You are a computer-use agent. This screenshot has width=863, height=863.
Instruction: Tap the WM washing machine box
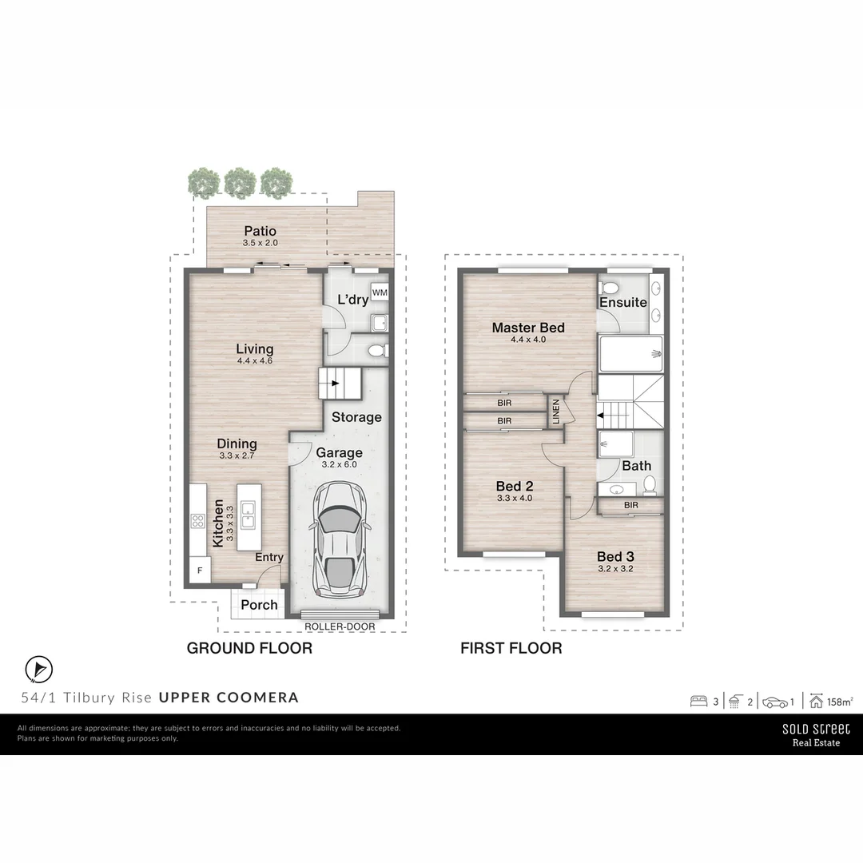click(x=380, y=292)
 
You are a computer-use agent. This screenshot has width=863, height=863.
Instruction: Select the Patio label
click(x=260, y=232)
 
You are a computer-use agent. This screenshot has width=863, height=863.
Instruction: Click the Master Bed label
click(x=528, y=328)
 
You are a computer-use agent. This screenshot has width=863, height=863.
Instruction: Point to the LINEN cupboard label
click(x=555, y=412)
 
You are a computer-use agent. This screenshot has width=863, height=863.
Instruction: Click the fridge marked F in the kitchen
click(x=198, y=571)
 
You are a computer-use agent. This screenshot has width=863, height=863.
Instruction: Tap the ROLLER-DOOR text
click(x=340, y=627)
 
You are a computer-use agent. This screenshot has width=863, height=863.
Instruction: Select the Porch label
click(x=260, y=605)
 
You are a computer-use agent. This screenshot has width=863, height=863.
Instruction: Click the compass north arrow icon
click(x=38, y=669)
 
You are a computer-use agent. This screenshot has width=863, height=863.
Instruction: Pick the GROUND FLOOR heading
click(x=249, y=648)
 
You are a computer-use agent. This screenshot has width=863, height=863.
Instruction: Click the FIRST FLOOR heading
click(x=511, y=648)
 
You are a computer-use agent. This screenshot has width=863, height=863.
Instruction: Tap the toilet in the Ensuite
click(x=609, y=288)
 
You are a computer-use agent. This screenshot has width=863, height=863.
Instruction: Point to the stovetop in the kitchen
click(x=197, y=522)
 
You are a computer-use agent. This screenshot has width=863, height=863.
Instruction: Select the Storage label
click(x=356, y=417)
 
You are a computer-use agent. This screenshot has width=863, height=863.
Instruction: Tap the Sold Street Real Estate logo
click(x=816, y=734)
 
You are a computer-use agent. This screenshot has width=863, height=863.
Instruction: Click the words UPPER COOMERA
click(x=229, y=697)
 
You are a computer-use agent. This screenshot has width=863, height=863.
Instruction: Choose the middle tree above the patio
click(x=240, y=182)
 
